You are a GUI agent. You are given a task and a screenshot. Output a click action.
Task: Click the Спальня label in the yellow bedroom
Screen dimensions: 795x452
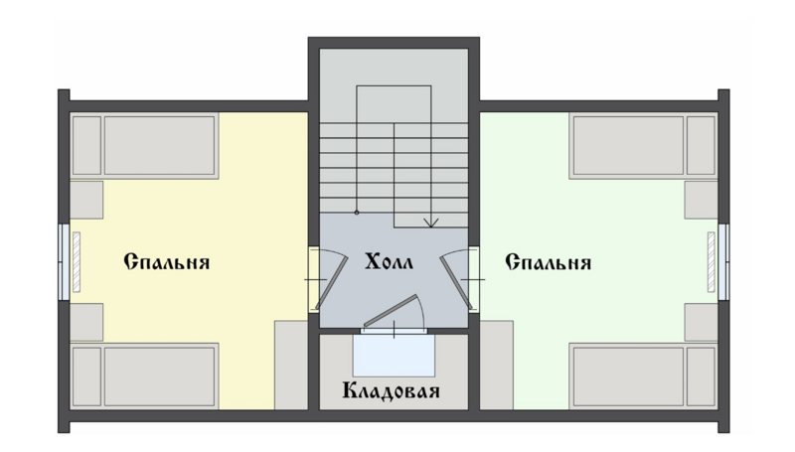[x=167, y=262]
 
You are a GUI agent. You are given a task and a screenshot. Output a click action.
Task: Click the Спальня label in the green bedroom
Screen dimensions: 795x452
[x=549, y=262]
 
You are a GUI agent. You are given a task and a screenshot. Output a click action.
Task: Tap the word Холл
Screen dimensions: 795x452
[x=389, y=262]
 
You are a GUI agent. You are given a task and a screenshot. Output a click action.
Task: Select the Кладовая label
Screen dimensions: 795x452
[x=391, y=391]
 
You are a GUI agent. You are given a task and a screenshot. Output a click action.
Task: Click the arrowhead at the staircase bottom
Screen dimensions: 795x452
[x=431, y=223]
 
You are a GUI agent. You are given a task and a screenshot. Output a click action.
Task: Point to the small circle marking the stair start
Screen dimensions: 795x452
[x=357, y=213]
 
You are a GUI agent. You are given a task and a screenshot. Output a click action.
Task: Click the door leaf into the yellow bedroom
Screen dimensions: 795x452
[x=332, y=282]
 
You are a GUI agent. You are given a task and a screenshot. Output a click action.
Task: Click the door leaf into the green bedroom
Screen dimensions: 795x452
[x=456, y=282]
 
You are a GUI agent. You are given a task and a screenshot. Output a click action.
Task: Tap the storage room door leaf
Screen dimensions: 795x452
[x=391, y=311]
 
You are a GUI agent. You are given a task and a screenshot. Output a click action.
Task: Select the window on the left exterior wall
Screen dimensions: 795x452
[x=64, y=261]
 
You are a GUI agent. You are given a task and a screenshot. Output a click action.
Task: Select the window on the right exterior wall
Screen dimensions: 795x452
[x=723, y=261]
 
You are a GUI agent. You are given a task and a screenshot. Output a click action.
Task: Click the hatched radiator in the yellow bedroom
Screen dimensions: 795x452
[x=77, y=261]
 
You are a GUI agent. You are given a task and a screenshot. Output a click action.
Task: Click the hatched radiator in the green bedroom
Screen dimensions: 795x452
[x=711, y=261]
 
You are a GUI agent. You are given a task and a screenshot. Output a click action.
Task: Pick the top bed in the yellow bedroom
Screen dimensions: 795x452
[x=144, y=146]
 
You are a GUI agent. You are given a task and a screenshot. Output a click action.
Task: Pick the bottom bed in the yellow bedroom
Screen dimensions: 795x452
[x=144, y=376]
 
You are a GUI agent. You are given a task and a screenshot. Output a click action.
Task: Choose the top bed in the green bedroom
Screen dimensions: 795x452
[x=643, y=146]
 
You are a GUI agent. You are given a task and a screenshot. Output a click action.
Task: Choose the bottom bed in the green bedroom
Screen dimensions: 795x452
[x=643, y=376]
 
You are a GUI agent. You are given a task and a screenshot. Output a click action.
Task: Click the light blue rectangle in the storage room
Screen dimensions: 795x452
[x=394, y=356]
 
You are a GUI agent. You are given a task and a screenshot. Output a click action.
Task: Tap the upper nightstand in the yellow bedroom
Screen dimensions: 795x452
[x=86, y=200]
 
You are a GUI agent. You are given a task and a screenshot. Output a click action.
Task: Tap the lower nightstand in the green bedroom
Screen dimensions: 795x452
[x=702, y=322]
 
